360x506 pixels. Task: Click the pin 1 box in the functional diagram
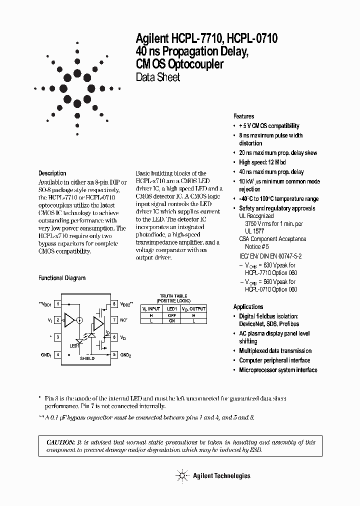click(x=58, y=304)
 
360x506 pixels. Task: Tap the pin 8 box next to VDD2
click(x=114, y=304)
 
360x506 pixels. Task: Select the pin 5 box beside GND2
click(x=114, y=354)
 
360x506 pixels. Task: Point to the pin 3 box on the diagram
click(x=58, y=337)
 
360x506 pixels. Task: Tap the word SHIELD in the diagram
click(x=87, y=358)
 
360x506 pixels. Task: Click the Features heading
click(x=243, y=116)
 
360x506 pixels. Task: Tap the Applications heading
click(x=248, y=306)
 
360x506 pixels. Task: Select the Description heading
click(x=52, y=173)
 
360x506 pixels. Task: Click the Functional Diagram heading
click(x=62, y=278)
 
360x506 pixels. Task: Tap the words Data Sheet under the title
click(x=158, y=77)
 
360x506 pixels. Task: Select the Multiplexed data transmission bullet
click(x=275, y=351)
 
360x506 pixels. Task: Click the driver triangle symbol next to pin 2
click(x=69, y=320)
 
